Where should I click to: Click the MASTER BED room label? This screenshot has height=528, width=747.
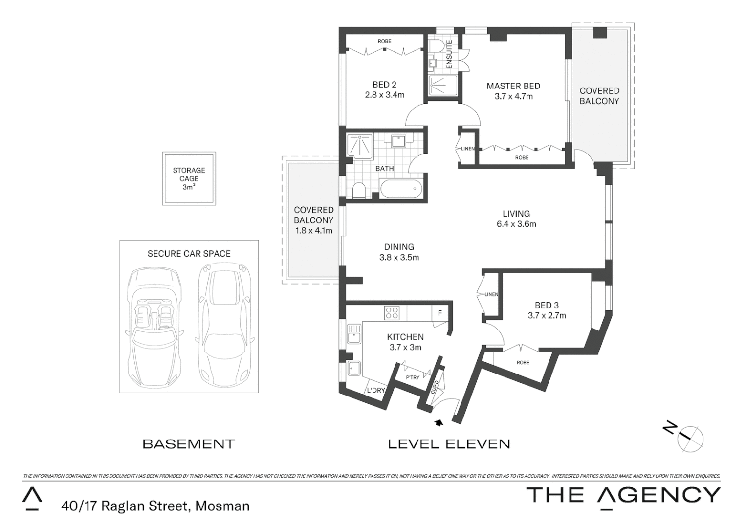(x=513, y=86)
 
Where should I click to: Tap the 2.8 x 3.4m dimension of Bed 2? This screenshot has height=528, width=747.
(x=385, y=95)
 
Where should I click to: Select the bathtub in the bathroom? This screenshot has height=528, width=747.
(x=400, y=189)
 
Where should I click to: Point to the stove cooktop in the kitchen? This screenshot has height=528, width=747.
(x=392, y=313)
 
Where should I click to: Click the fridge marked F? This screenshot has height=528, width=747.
(x=439, y=313)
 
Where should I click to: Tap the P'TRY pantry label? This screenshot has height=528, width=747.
(x=413, y=377)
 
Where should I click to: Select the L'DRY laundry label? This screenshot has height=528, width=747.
(x=375, y=390)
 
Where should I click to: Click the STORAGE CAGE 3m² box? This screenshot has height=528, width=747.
(x=189, y=178)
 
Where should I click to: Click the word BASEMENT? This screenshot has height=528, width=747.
(x=189, y=444)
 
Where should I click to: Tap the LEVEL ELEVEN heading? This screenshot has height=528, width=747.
(x=449, y=444)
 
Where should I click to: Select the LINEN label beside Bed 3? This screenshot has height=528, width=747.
(x=491, y=294)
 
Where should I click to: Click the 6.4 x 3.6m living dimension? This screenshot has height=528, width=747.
(x=516, y=224)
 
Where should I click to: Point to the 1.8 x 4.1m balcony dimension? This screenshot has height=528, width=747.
(x=313, y=230)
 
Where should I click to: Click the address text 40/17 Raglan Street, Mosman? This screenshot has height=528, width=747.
(x=155, y=506)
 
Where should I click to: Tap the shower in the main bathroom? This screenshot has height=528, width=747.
(x=359, y=146)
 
